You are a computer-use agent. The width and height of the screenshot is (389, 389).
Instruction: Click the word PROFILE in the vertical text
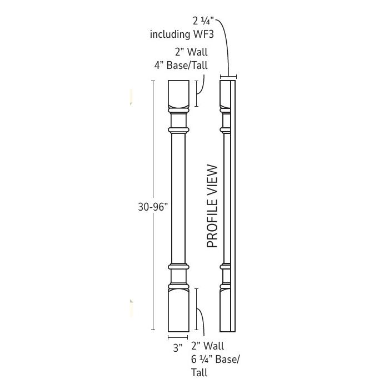coord(212,222)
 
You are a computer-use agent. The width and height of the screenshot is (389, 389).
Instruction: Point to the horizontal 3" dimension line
coord(178,337)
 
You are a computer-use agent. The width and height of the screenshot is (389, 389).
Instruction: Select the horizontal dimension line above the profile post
coord(228,77)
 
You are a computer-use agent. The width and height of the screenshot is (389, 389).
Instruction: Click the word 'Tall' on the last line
coord(200,372)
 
